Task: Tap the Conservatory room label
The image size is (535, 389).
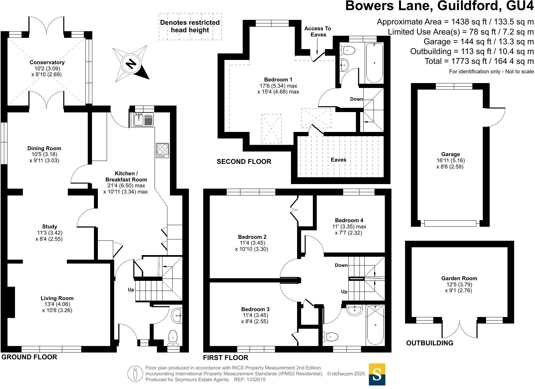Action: [x=47, y=62]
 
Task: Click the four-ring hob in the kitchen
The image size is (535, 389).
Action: [x=162, y=151]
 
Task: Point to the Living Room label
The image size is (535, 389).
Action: [x=57, y=298]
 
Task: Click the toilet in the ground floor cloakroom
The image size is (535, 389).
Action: [x=173, y=338]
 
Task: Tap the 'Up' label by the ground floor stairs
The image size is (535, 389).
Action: [x=131, y=290]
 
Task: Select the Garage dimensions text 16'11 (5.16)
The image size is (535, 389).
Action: [x=451, y=160]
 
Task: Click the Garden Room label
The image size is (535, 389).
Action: [x=459, y=278]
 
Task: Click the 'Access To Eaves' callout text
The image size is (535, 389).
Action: [x=317, y=32]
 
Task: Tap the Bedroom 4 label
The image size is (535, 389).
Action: [x=349, y=220]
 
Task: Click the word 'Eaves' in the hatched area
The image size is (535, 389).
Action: [x=338, y=160]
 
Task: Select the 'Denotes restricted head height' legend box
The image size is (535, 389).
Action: [x=190, y=26]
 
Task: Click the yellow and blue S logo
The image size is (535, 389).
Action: [x=377, y=374]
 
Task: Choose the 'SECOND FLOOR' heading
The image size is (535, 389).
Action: [x=244, y=162]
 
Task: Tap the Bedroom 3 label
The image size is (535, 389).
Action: [x=255, y=309]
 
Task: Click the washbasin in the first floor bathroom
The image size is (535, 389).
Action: [x=355, y=310]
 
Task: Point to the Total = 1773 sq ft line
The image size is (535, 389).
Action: [x=479, y=61]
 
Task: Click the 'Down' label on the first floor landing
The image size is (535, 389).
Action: [x=341, y=265]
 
